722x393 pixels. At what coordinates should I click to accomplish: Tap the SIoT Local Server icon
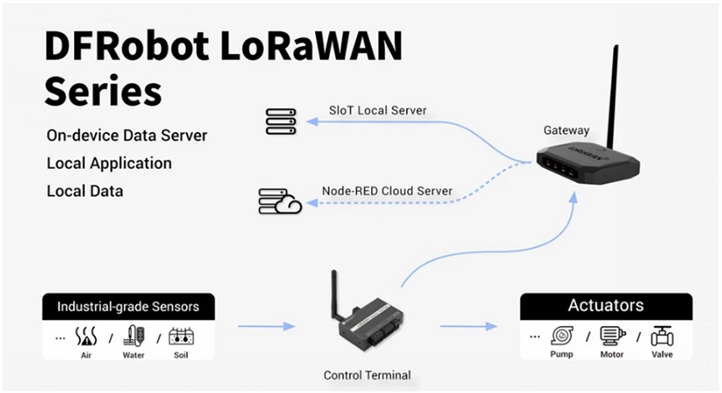[x=280, y=121]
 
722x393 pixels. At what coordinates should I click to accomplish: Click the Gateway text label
[x=566, y=131]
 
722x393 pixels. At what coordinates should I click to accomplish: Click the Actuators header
[x=606, y=306]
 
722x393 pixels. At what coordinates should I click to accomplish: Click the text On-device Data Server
[x=127, y=136]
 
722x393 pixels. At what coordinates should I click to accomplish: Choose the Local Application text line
[x=109, y=163]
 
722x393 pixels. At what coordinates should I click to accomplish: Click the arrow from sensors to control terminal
[x=266, y=325]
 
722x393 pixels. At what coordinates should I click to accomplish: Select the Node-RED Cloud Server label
[x=386, y=190]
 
